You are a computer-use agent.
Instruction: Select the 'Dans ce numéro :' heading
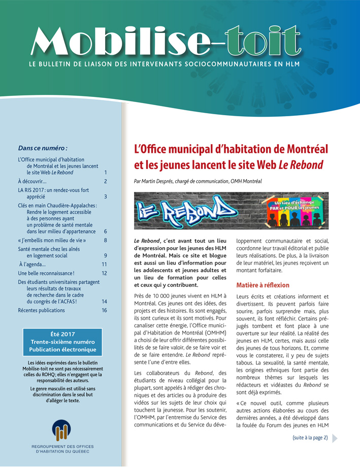tap(43, 148)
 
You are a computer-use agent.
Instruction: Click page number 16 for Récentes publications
tap(104, 310)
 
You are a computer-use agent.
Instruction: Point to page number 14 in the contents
tap(104, 301)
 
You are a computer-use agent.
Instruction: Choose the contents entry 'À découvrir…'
tap(32, 181)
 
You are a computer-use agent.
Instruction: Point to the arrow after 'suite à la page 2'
tap(335, 438)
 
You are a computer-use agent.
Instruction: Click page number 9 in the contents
tap(105, 256)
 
